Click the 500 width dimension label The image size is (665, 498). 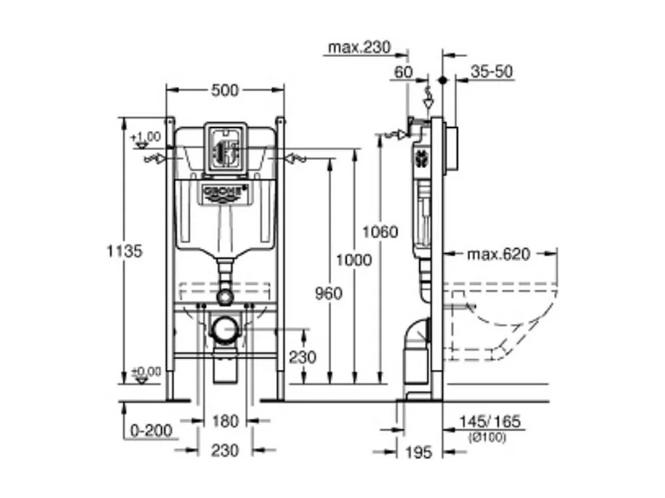[x=225, y=91]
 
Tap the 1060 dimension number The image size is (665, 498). [x=380, y=232]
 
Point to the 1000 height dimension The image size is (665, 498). [x=354, y=260]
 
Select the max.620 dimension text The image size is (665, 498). [x=498, y=254]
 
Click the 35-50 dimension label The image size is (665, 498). [x=491, y=72]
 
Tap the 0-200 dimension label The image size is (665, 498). [x=151, y=431]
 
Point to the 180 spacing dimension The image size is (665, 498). [x=225, y=421]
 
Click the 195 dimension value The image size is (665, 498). [x=418, y=453]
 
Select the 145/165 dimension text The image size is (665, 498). [x=490, y=422]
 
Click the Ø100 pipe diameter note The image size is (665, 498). [x=489, y=437]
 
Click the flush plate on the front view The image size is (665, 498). [x=225, y=149]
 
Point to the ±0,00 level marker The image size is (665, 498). [x=146, y=372]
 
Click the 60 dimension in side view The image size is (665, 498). [x=404, y=72]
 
